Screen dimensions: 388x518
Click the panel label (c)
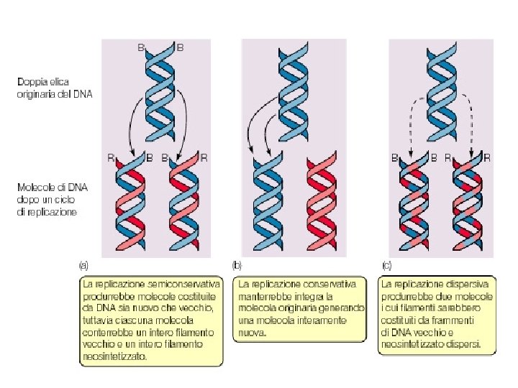[386, 265]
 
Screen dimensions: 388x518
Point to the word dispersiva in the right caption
[468, 285]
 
